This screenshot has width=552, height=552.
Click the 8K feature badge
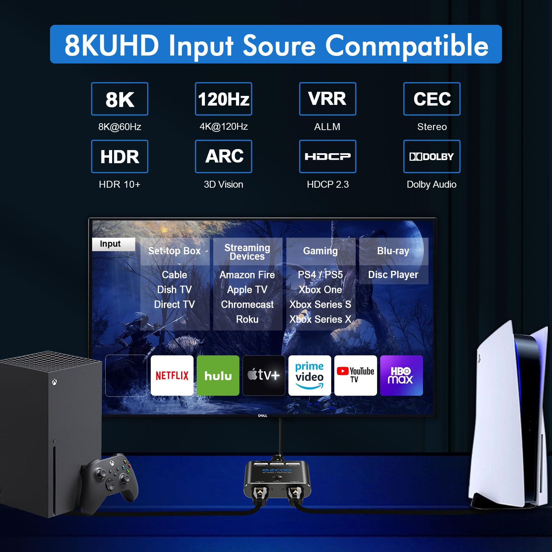click(119, 99)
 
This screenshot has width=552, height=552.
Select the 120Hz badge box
click(223, 99)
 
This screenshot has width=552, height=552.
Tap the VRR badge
click(327, 99)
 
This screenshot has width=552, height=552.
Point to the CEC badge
click(432, 99)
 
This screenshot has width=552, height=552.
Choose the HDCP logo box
click(327, 156)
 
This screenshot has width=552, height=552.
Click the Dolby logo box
click(432, 156)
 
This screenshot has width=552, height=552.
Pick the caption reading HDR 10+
click(119, 184)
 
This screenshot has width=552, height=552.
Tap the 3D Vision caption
click(223, 184)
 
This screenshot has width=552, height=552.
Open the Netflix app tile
click(172, 375)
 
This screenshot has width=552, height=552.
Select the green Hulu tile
click(218, 375)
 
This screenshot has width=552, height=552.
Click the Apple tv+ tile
click(264, 375)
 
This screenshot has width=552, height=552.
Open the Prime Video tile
click(309, 375)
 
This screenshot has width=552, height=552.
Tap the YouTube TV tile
click(355, 375)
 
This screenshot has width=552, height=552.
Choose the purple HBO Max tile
click(401, 375)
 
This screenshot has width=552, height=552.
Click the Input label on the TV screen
click(110, 244)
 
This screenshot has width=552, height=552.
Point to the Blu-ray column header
click(393, 251)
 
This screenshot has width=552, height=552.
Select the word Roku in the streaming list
click(247, 319)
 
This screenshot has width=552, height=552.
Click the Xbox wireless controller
click(109, 478)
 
